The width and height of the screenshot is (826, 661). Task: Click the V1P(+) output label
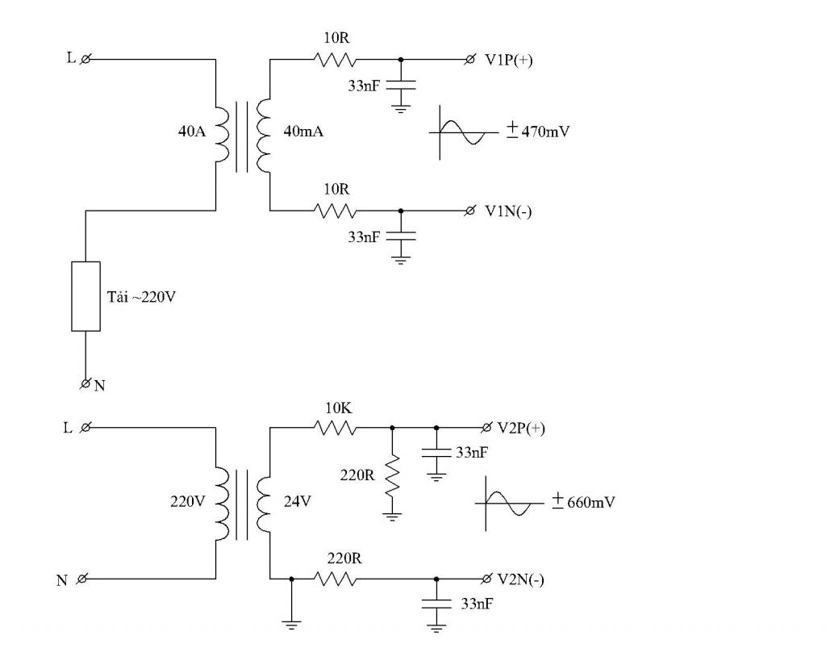(x=508, y=60)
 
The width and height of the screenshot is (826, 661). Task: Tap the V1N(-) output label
(x=508, y=211)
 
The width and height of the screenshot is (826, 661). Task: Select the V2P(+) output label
(x=521, y=428)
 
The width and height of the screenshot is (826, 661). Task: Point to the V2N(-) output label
(x=520, y=579)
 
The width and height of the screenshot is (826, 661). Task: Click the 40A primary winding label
(x=192, y=132)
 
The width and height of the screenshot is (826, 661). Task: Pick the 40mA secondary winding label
(x=303, y=132)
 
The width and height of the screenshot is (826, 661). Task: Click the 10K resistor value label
(x=338, y=408)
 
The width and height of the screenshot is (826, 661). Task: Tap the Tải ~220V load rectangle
(x=86, y=296)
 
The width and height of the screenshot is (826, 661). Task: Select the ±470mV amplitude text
(x=538, y=130)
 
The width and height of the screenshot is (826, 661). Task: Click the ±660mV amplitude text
(x=583, y=501)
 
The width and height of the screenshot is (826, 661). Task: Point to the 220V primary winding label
(x=187, y=501)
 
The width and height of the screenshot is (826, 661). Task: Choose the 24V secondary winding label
(x=297, y=501)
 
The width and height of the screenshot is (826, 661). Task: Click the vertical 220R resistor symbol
(x=392, y=476)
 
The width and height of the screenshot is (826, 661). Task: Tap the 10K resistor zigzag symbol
(x=335, y=428)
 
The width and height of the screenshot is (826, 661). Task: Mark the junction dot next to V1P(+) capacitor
(x=400, y=60)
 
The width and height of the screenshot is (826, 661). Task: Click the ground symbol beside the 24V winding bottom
(x=291, y=625)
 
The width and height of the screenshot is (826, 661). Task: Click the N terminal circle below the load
(x=85, y=383)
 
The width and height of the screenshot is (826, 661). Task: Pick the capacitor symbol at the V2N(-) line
(x=436, y=604)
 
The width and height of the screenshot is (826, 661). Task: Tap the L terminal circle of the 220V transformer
(x=85, y=428)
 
